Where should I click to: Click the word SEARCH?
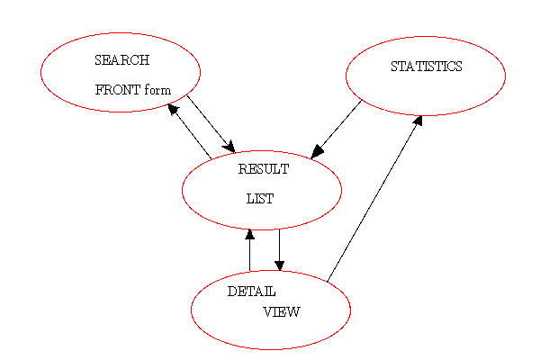coord(121,60)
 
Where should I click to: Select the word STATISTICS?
coord(426,67)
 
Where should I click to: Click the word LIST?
coord(259,199)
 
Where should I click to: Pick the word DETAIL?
coord(251,292)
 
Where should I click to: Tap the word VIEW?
coord(281,312)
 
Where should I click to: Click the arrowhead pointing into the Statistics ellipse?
coord(418,119)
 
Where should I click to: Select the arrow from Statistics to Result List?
coord(337,129)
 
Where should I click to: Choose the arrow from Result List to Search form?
coord(190,132)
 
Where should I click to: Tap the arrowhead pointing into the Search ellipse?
coord(172,109)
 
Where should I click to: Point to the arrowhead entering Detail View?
coord(279,265)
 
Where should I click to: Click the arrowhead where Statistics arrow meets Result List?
coord(317,152)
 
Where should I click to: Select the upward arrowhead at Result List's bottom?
coord(249,234)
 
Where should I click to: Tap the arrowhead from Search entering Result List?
coord(229,147)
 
